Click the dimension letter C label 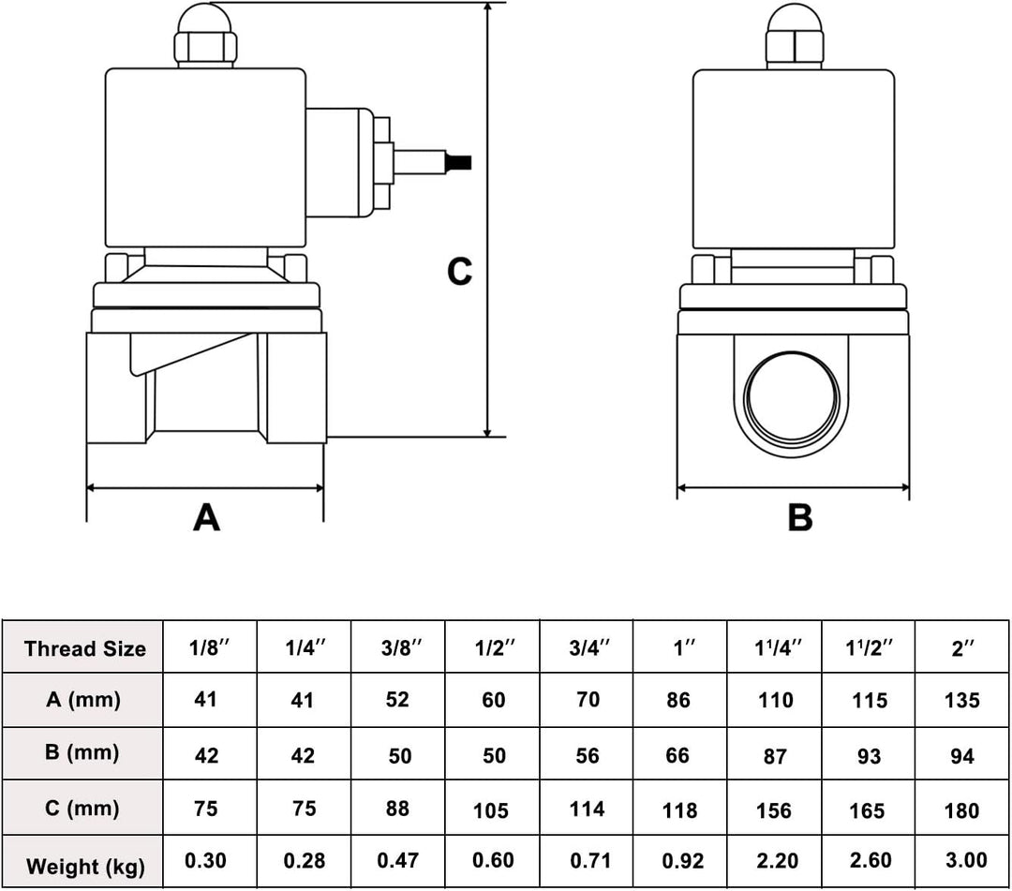tap(459, 272)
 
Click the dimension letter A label tap(206, 516)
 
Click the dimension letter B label tap(799, 517)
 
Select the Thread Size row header tap(84, 648)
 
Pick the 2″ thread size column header tap(963, 648)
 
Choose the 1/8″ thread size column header tap(209, 648)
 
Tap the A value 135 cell tap(962, 701)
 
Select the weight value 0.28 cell tap(304, 862)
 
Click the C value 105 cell tap(493, 809)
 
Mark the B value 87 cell tap(775, 756)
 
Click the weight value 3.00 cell tap(962, 862)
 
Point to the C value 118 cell tap(679, 809)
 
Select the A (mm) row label tap(84, 700)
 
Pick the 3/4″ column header tap(588, 648)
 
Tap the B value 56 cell tap(588, 755)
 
